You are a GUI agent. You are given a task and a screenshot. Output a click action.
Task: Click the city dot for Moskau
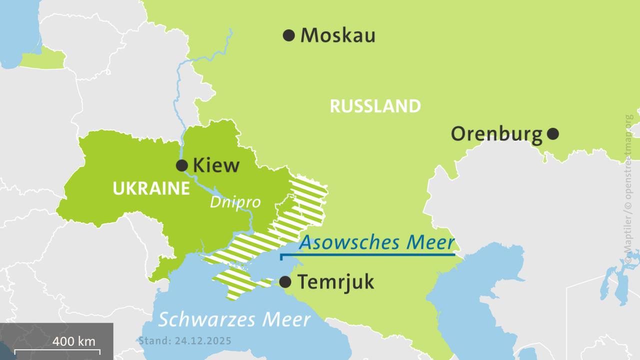[288, 35]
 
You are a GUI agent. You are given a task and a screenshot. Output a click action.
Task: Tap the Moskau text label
[337, 35]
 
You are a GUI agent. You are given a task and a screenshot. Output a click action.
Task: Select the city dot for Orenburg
[552, 134]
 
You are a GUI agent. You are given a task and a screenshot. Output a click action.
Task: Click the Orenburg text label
[496, 134]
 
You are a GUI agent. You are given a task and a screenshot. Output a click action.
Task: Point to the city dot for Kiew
[182, 165]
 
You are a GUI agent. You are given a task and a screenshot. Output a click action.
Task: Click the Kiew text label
[216, 165]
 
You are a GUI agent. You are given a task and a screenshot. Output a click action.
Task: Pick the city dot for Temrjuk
[285, 282]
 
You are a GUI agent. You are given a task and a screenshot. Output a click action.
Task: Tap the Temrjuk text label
[335, 282]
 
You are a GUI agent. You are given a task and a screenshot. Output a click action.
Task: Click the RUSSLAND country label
[375, 106]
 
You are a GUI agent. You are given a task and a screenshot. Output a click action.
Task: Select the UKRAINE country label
[151, 188]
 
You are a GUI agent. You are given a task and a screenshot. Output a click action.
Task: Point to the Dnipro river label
[235, 202]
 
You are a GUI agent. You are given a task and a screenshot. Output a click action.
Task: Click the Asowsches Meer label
[376, 242]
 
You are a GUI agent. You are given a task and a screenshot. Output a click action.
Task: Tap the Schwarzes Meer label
[234, 319]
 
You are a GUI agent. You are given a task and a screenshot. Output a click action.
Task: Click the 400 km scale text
[74, 341]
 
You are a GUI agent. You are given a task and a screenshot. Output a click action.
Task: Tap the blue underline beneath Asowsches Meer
[368, 255]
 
